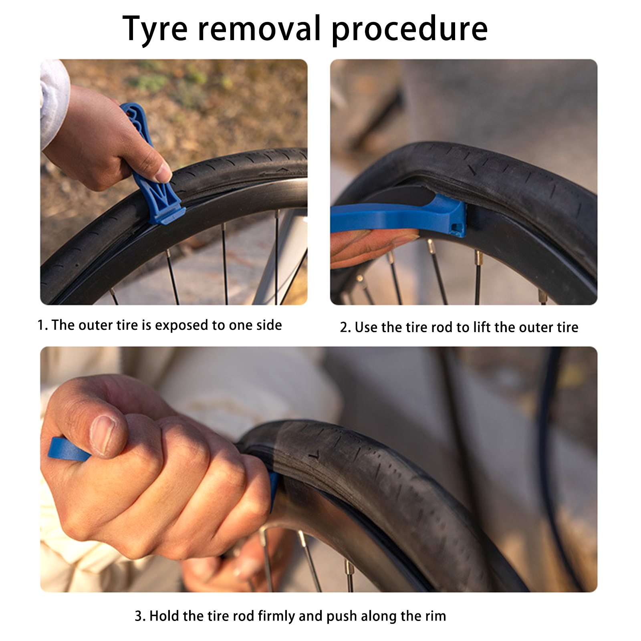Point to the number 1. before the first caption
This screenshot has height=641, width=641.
click(42, 325)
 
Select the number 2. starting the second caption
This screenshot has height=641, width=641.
click(346, 328)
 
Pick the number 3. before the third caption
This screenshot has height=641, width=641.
click(140, 616)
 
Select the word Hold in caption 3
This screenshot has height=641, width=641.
click(164, 616)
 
